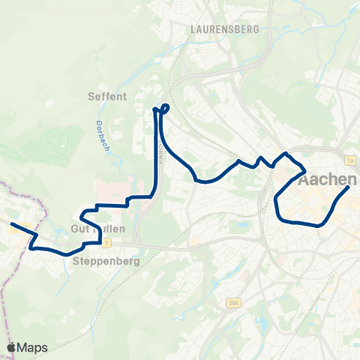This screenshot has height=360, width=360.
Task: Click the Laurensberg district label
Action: [x=224, y=29]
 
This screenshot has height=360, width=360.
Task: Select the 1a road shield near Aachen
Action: [x=349, y=160]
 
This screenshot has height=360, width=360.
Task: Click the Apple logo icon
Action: [x=11, y=347]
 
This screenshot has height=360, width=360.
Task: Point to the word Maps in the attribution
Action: [x=33, y=347]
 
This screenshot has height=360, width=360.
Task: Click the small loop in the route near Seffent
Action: [x=164, y=109]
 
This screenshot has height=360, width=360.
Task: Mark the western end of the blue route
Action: [x=10, y=223]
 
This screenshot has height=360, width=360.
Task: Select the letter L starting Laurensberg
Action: [x=193, y=29]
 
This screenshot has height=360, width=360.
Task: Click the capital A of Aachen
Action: [x=303, y=181]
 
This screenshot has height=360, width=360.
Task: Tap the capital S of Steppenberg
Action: [x=76, y=262]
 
